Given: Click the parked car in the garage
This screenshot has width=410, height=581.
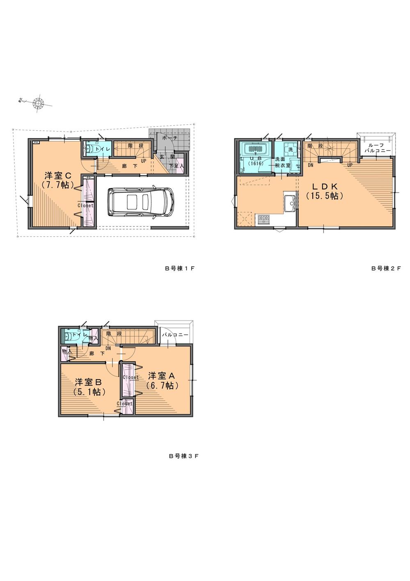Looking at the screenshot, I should [139, 202].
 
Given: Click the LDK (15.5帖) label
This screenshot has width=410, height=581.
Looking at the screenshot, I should [324, 191].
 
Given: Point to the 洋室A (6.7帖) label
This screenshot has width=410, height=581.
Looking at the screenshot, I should [162, 380].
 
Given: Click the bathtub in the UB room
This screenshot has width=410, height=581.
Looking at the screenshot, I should [256, 148].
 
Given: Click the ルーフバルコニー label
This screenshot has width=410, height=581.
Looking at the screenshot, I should [376, 148].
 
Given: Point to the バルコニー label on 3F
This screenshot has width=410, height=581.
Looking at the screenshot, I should [175, 335].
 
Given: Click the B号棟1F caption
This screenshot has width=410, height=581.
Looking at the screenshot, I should [179, 268].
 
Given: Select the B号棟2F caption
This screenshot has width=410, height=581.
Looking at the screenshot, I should [385, 268].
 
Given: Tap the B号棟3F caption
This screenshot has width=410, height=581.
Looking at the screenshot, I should [184, 456].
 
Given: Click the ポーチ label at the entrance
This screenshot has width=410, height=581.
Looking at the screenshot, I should [169, 138].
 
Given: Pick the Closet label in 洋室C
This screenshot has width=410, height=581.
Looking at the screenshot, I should [86, 205].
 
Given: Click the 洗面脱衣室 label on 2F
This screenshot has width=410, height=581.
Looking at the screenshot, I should [282, 162].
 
